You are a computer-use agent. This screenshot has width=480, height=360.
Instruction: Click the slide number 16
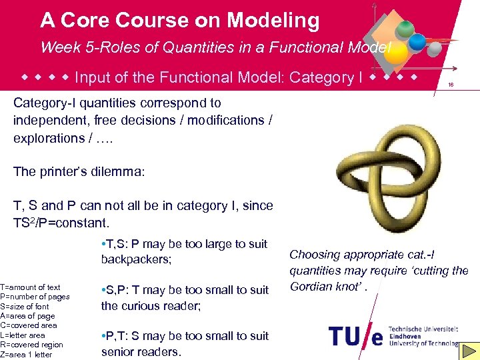coord(451,85)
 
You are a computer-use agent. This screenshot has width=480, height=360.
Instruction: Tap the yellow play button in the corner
coord(470,350)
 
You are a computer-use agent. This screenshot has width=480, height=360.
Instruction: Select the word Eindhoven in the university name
coord(405,337)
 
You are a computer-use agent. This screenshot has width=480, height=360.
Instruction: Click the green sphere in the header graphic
coord(405,29)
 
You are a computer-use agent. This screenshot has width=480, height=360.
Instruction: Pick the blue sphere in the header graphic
coord(418,43)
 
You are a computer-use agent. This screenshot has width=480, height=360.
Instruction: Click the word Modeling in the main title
coord(273,21)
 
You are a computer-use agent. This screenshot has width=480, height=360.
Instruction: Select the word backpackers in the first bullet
coord(136,259)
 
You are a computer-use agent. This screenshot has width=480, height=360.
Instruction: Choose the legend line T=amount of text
coord(30,287)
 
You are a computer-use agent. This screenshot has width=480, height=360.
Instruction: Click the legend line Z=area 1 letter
coord(27,354)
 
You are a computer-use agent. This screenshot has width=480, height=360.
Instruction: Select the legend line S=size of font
coord(25,307)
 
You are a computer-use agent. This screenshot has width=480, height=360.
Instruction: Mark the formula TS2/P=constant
coord(61,222)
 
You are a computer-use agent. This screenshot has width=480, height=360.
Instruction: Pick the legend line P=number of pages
coord(35,297)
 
